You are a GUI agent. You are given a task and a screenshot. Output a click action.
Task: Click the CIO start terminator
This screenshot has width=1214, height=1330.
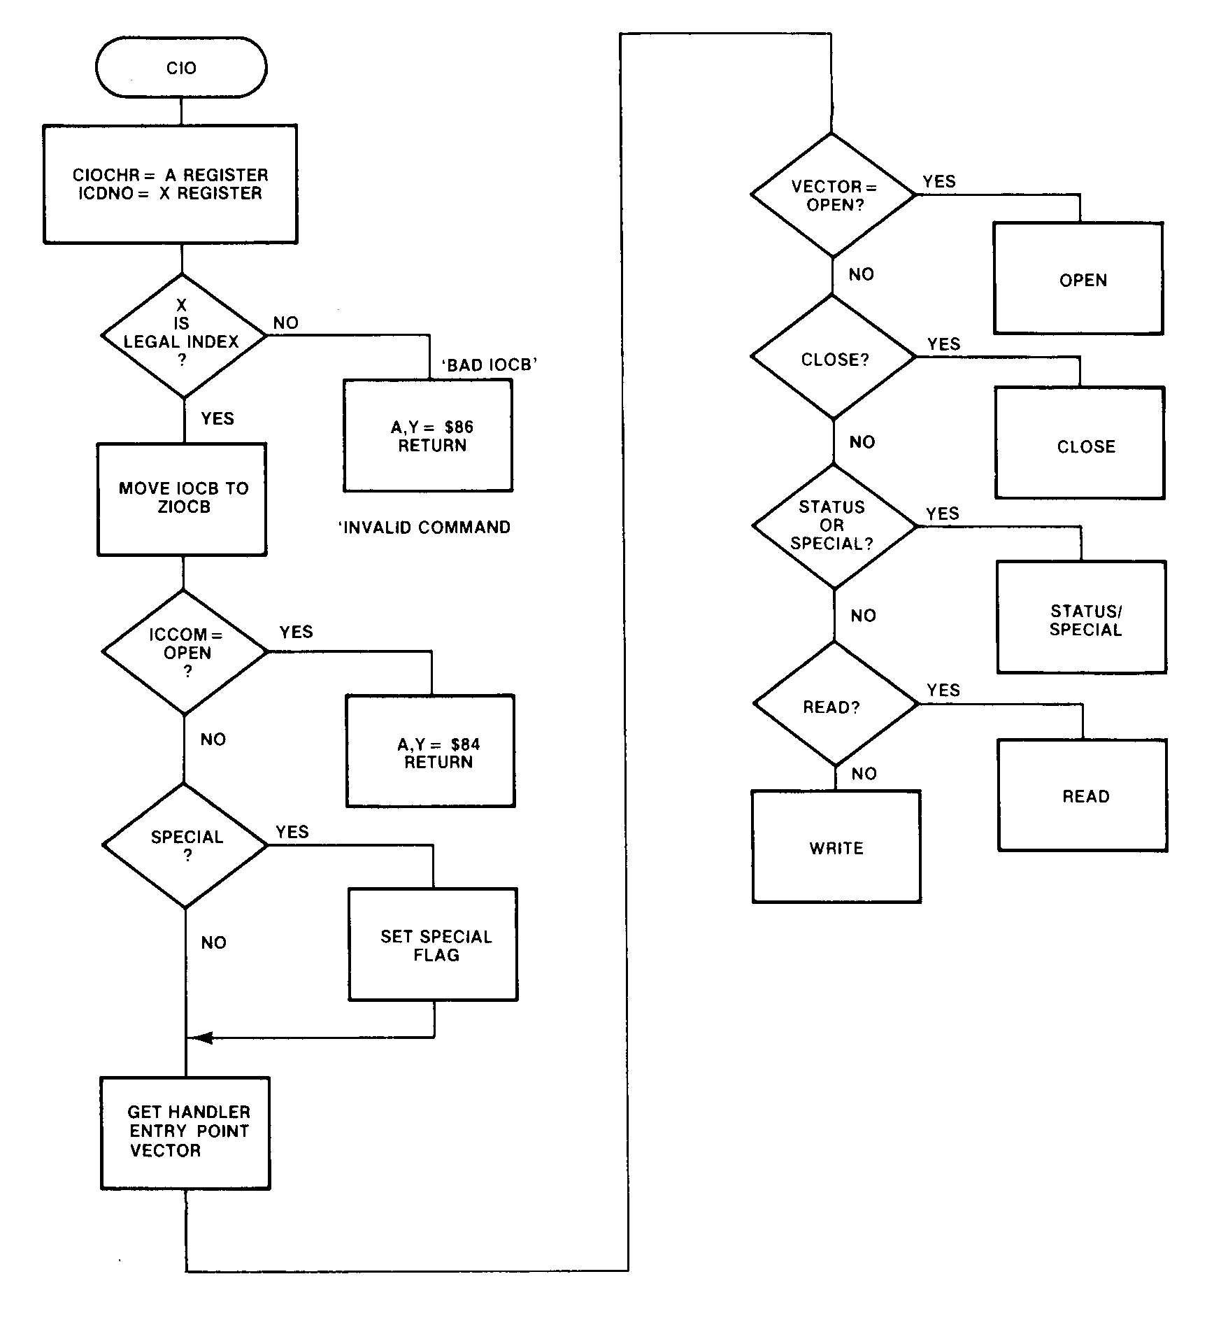[x=181, y=68]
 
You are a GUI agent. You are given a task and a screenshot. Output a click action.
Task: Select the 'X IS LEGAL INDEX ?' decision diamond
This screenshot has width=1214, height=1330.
[x=183, y=336]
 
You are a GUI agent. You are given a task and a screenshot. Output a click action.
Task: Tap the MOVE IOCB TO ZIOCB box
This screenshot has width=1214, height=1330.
[x=182, y=499]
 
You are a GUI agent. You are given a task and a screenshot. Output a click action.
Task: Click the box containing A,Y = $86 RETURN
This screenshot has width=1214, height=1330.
[x=428, y=436]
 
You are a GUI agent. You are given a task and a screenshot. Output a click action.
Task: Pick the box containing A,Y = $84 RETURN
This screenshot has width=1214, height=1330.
[x=431, y=751]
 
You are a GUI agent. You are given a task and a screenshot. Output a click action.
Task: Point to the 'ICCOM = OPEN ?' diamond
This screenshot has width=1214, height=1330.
[x=185, y=652]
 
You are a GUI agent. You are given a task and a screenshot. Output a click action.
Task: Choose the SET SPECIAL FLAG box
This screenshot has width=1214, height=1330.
[x=434, y=945]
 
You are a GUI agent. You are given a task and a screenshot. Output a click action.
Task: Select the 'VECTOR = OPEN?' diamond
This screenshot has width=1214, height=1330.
[x=833, y=195]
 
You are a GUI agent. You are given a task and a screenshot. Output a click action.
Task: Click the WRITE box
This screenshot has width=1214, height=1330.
[x=836, y=847]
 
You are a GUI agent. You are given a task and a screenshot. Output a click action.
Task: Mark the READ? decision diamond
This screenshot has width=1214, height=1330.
[x=835, y=704]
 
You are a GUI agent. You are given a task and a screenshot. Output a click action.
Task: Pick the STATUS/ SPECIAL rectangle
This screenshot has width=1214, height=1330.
[x=1082, y=617]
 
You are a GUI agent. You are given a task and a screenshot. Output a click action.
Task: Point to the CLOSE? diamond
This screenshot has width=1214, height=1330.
[x=833, y=358]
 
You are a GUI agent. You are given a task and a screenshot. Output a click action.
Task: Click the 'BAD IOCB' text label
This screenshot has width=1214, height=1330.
[x=489, y=365]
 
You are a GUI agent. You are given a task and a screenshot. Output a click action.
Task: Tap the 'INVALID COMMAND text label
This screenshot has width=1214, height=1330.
[x=424, y=528]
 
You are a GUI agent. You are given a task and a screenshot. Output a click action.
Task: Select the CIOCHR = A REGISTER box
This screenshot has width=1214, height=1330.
[x=171, y=185]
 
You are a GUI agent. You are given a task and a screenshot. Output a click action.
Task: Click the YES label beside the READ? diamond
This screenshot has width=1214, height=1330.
[x=943, y=690]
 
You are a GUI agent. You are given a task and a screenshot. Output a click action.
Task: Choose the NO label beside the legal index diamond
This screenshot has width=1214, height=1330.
[x=285, y=323]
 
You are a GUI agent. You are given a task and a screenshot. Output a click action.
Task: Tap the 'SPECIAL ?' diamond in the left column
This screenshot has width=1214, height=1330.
[x=185, y=845]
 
